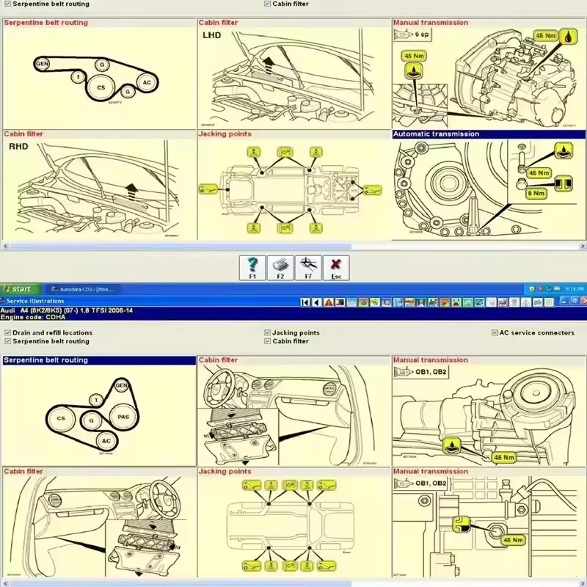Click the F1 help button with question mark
pos(252,267)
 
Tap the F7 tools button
pos(308,267)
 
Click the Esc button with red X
pos(336,267)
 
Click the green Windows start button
pos(18,289)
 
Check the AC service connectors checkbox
pos(495,332)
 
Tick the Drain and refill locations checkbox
pos(7,332)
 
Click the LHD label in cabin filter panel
pos(211,34)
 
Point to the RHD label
pos(18,146)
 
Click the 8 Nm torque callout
pos(538,194)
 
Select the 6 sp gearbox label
pos(422,34)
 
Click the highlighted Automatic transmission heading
pos(436,134)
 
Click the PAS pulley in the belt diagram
pos(123,417)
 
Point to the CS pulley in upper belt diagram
pos(101,87)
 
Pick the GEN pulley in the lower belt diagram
pos(121,385)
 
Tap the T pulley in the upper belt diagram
pos(77,76)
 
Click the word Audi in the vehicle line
pos(8,310)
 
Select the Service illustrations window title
pos(35,301)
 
